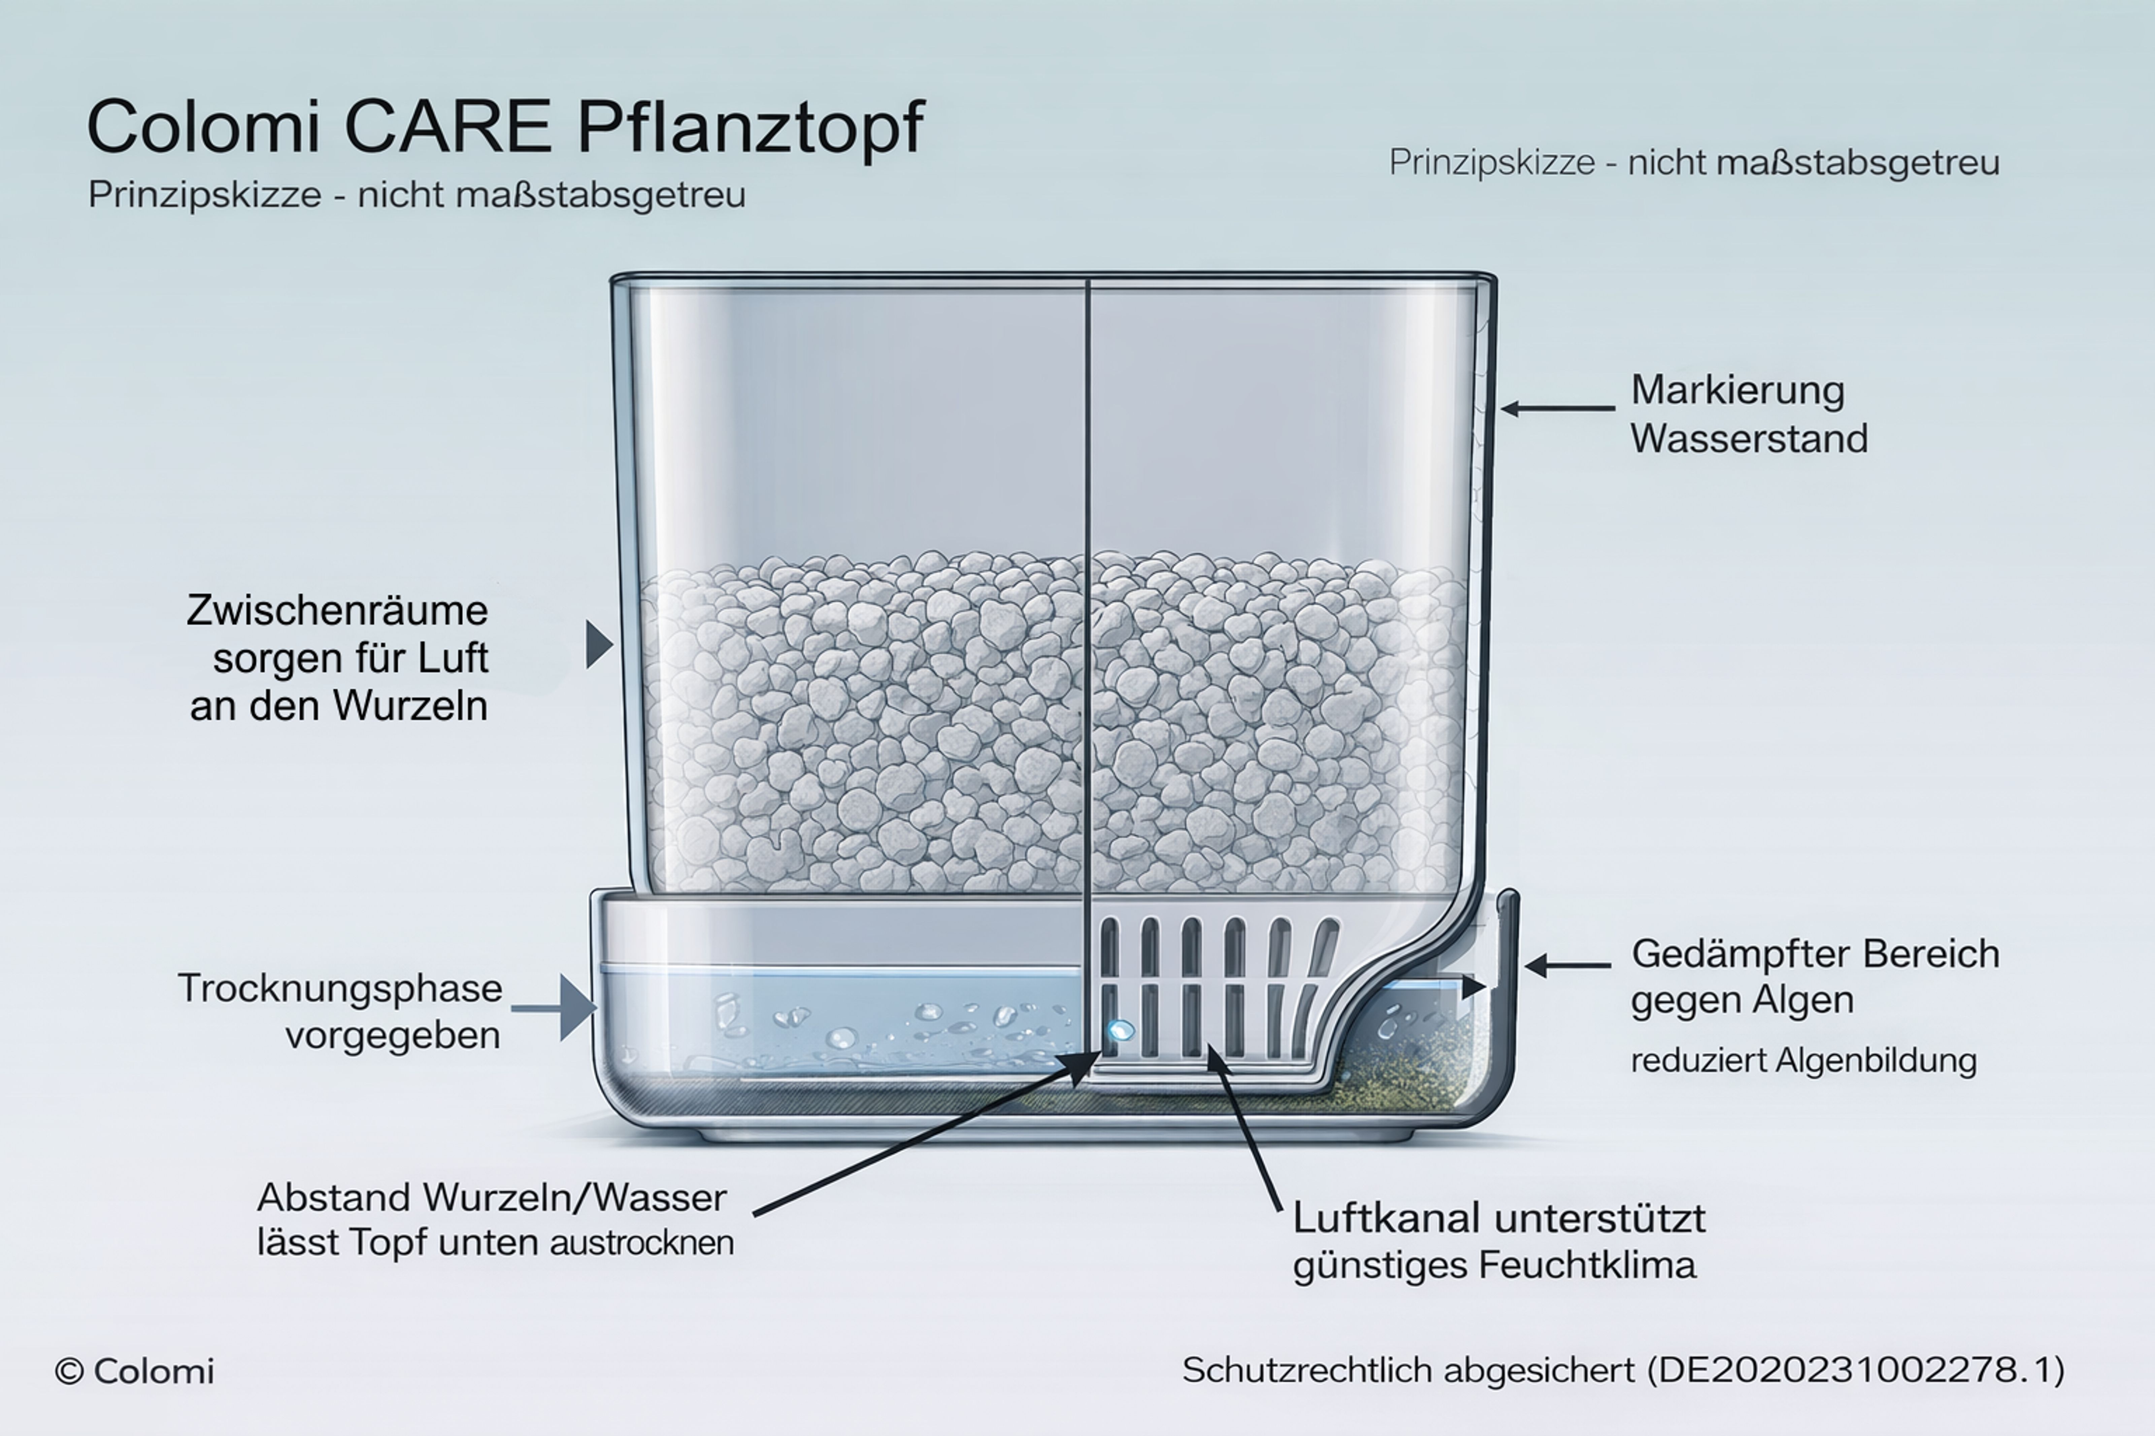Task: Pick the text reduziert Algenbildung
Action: point(1803,1060)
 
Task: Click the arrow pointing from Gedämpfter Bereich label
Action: point(1568,965)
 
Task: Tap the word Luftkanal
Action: point(1388,1219)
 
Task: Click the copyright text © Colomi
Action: point(135,1371)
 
